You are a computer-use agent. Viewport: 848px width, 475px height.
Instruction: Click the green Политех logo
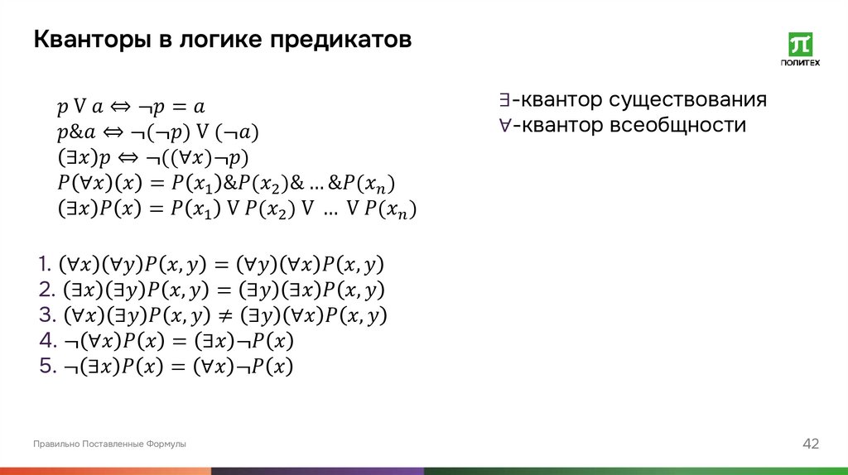(x=800, y=49)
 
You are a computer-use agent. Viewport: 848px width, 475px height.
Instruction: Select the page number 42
(x=811, y=444)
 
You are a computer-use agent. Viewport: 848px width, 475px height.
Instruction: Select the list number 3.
(x=46, y=315)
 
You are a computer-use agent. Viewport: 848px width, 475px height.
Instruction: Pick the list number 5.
(x=46, y=366)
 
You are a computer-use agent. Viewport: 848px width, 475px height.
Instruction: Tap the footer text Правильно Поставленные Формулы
(x=109, y=444)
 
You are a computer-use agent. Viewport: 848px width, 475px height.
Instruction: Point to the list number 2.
(x=46, y=290)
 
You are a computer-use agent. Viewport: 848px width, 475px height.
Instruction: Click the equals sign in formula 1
(x=221, y=266)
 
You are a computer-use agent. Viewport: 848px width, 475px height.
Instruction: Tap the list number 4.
(x=46, y=341)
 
